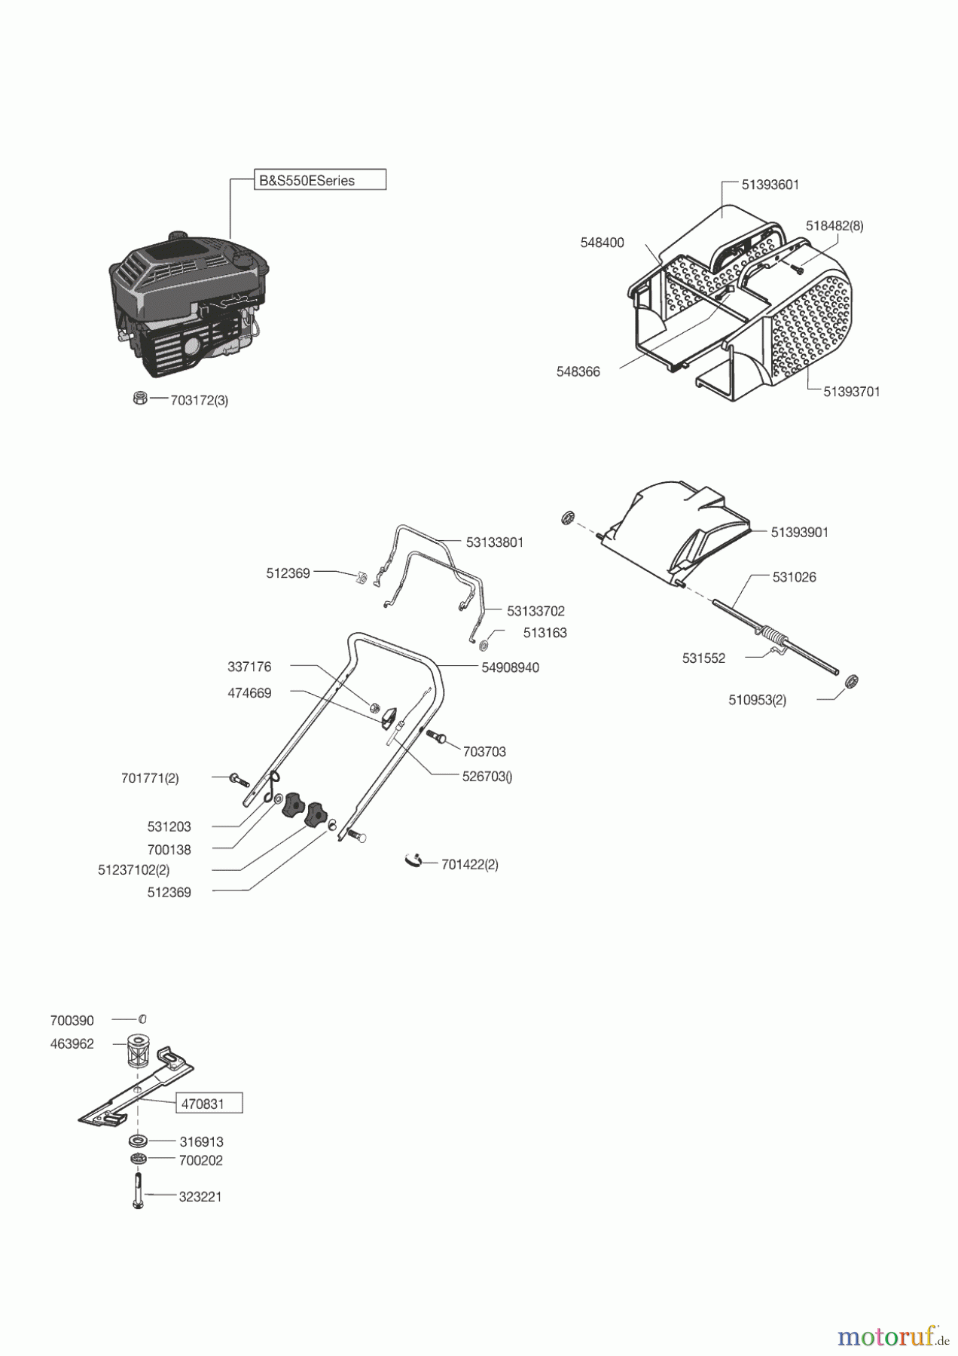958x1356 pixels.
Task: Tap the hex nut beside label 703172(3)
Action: pyautogui.click(x=139, y=398)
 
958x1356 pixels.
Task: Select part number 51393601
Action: pyautogui.click(x=770, y=185)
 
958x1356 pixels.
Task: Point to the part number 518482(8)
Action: pyautogui.click(x=834, y=225)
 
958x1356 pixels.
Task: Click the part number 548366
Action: pyautogui.click(x=578, y=371)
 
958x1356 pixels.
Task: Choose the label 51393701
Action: pyautogui.click(x=851, y=392)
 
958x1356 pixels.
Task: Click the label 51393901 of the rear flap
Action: pyautogui.click(x=799, y=532)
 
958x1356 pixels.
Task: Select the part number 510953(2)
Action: pyautogui.click(x=757, y=700)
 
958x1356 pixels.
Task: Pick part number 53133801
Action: pyautogui.click(x=494, y=542)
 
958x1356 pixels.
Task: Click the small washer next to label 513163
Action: pyautogui.click(x=483, y=645)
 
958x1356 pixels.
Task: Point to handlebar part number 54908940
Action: pyautogui.click(x=510, y=667)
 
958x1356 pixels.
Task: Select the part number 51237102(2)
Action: pyautogui.click(x=133, y=870)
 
